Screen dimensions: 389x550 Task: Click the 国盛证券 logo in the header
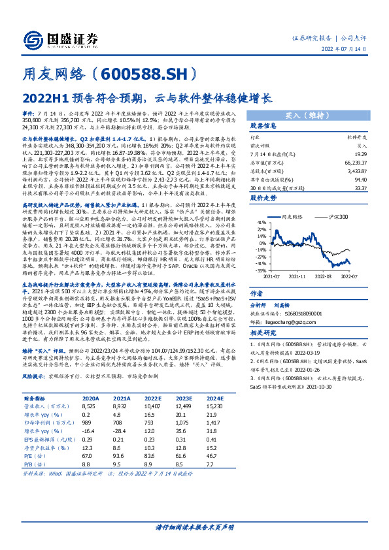pyautogui.click(x=65, y=39)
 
